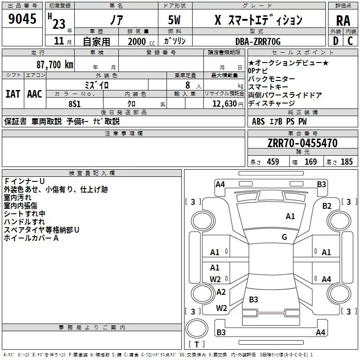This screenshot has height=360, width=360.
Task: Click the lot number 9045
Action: click(x=23, y=20)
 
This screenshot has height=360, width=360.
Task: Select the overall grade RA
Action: click(x=343, y=21)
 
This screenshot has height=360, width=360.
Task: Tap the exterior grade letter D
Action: click(x=335, y=41)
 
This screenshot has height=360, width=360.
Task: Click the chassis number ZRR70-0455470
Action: click(x=303, y=144)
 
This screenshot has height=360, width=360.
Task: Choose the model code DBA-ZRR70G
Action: click(x=258, y=41)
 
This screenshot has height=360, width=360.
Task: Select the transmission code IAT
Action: click(x=13, y=94)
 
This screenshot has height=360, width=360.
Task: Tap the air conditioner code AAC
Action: click(x=34, y=94)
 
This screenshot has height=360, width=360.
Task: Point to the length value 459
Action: click(x=273, y=162)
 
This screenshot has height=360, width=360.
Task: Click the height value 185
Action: click(x=346, y=162)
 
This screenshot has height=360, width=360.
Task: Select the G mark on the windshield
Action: click(x=284, y=237)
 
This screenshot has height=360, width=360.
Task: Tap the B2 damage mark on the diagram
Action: click(x=327, y=206)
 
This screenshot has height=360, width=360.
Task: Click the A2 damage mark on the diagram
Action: click(x=221, y=292)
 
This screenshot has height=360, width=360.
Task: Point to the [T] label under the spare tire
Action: click(x=196, y=345)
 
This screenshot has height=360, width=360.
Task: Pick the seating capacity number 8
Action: click(x=187, y=85)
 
